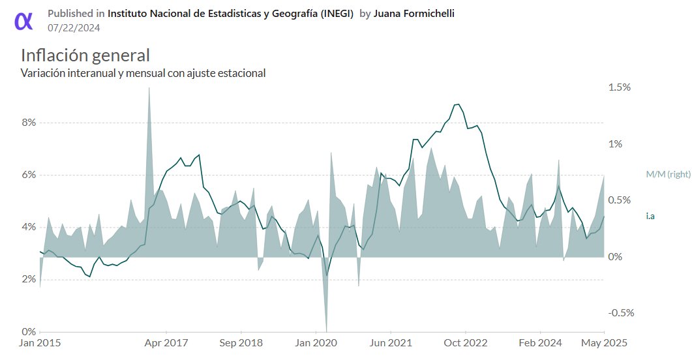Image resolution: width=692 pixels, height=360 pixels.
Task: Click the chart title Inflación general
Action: [x=85, y=55]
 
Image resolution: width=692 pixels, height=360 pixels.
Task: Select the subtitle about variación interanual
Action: [x=143, y=73]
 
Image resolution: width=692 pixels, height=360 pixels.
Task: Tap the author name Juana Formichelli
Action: [x=414, y=13]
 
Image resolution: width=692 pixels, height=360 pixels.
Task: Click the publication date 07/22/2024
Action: [x=74, y=27]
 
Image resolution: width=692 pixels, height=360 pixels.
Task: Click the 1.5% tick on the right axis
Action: [x=619, y=87]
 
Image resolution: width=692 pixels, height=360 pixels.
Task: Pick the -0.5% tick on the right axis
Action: [x=620, y=312]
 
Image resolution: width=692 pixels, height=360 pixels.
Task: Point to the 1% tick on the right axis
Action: [x=616, y=144]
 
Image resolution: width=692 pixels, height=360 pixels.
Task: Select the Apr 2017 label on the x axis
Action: [x=166, y=342]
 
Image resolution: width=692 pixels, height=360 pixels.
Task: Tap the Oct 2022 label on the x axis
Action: [x=465, y=342]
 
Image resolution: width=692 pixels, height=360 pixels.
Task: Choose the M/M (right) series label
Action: [x=668, y=174]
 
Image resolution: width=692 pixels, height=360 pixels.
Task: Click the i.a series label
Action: [x=650, y=216]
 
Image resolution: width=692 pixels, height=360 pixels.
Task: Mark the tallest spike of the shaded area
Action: [x=149, y=89]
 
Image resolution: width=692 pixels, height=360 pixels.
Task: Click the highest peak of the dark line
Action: [x=458, y=104]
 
